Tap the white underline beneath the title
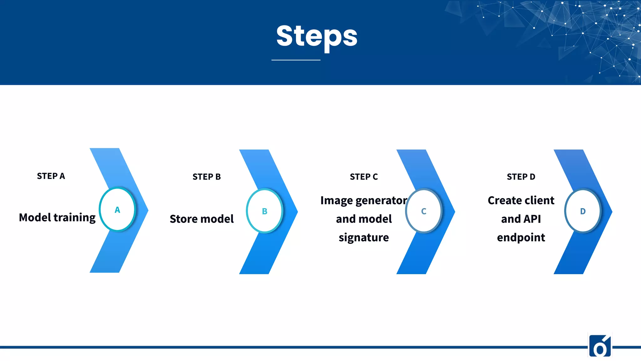(x=296, y=60)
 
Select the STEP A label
(x=51, y=176)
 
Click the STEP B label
(x=207, y=177)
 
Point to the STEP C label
(x=364, y=177)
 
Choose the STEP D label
(x=521, y=177)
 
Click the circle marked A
(x=117, y=209)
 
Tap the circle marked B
(x=264, y=211)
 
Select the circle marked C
(x=423, y=211)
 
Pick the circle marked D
(x=582, y=211)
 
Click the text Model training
(x=57, y=217)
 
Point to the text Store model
(x=202, y=219)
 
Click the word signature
(x=364, y=238)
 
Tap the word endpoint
(x=521, y=238)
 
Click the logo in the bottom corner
(x=600, y=346)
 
